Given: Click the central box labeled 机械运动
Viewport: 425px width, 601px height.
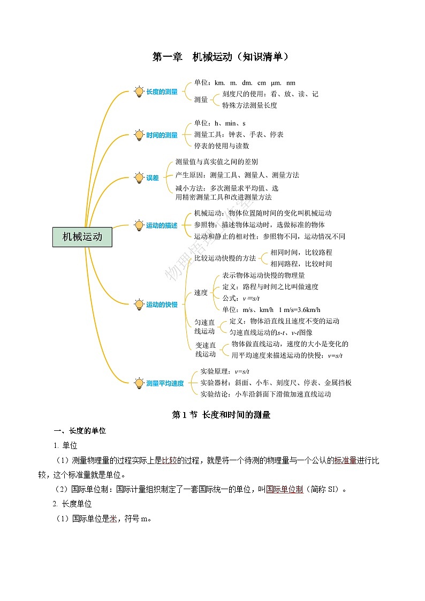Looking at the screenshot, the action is pos(82,236).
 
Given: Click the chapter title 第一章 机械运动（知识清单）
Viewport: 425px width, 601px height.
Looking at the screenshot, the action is pos(221,57).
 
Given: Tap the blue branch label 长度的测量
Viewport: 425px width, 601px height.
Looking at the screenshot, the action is pos(162,92).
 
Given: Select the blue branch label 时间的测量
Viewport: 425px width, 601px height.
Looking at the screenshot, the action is pos(162,135).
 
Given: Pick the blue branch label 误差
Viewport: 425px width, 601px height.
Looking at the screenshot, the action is pos(153,178).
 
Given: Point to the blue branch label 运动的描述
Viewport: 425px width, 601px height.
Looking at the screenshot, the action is pos(162,225).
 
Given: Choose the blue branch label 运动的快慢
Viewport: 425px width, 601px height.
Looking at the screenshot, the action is pos(162,305).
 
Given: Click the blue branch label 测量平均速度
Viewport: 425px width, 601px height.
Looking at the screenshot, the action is pos(165,383).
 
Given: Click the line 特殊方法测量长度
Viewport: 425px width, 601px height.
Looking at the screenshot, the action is pos(249,105).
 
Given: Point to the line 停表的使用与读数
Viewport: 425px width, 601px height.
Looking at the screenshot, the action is pos(222,146).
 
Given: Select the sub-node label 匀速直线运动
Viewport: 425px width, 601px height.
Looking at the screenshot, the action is pos(204,327).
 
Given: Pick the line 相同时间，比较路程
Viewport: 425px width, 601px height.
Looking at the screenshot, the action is pos(301,252).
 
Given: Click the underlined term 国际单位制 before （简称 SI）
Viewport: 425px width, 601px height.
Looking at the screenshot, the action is pos(284,489).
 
